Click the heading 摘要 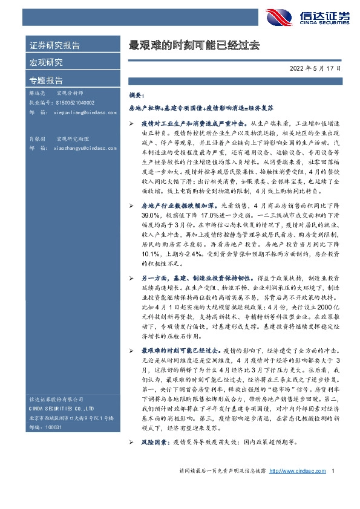point(137,96)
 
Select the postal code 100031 point(54,427)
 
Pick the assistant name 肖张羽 point(38,138)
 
